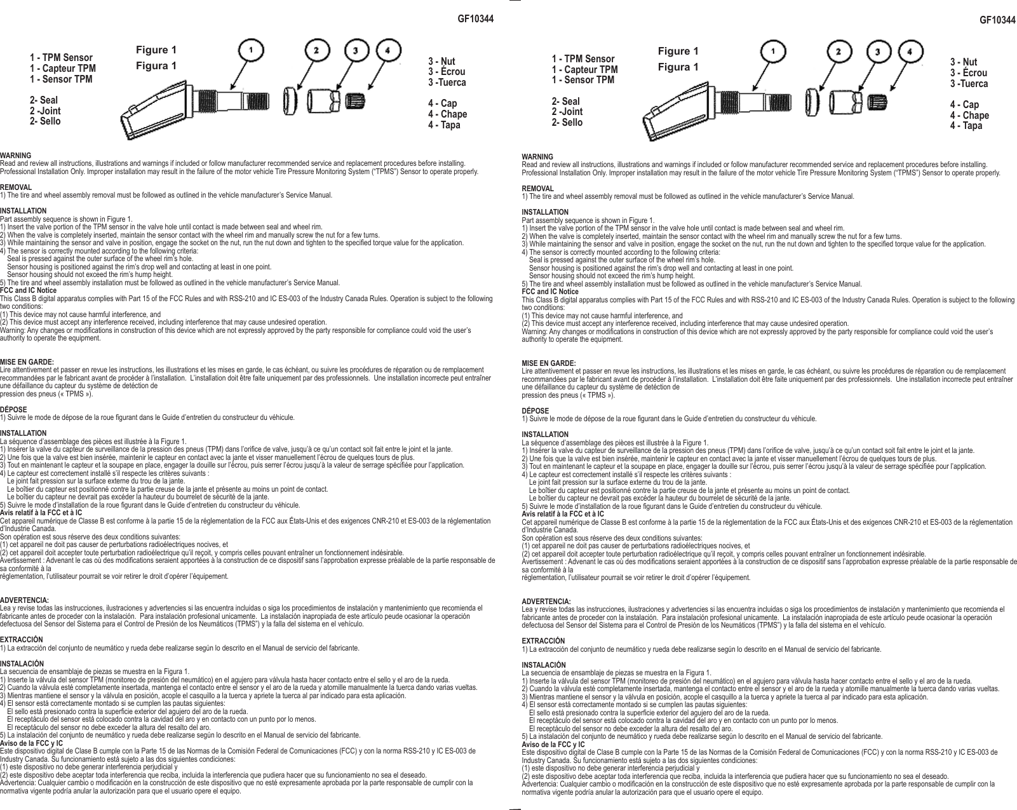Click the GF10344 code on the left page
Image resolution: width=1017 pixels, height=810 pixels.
[x=475, y=18]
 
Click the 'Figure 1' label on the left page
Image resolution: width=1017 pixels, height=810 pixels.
[x=156, y=50]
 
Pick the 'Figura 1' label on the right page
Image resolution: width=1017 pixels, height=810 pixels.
[x=678, y=67]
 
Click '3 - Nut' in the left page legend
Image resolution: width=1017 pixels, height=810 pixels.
[x=441, y=62]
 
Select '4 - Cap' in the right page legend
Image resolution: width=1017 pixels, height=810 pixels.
[x=964, y=105]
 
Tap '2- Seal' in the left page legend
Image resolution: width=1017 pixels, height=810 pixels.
[x=44, y=100]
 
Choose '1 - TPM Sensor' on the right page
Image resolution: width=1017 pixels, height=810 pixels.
[x=583, y=59]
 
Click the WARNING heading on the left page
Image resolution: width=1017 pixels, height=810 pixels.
[x=15, y=156]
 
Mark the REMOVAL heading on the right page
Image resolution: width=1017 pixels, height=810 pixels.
[x=537, y=189]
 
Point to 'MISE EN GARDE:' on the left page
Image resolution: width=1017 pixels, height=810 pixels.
[x=27, y=362]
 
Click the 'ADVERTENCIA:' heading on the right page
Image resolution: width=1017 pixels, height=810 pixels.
[x=546, y=601]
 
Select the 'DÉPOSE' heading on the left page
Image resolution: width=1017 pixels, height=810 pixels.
[x=13, y=410]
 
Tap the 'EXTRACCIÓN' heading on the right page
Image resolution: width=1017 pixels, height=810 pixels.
[x=543, y=641]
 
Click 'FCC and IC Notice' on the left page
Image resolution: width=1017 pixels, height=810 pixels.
[x=29, y=290]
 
